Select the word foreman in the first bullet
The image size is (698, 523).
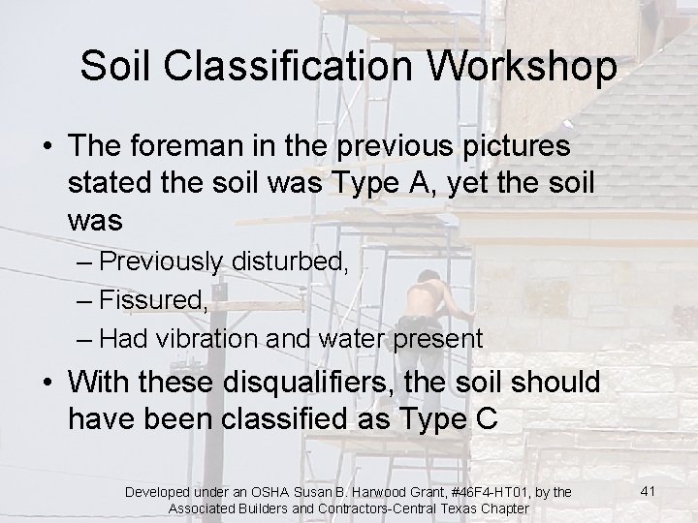pyautogui.click(x=195, y=147)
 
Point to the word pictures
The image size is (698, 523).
pyautogui.click(x=516, y=147)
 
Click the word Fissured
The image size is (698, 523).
pyautogui.click(x=153, y=301)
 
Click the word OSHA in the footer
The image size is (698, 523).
pyautogui.click(x=263, y=494)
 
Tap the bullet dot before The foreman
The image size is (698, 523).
pyautogui.click(x=47, y=148)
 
